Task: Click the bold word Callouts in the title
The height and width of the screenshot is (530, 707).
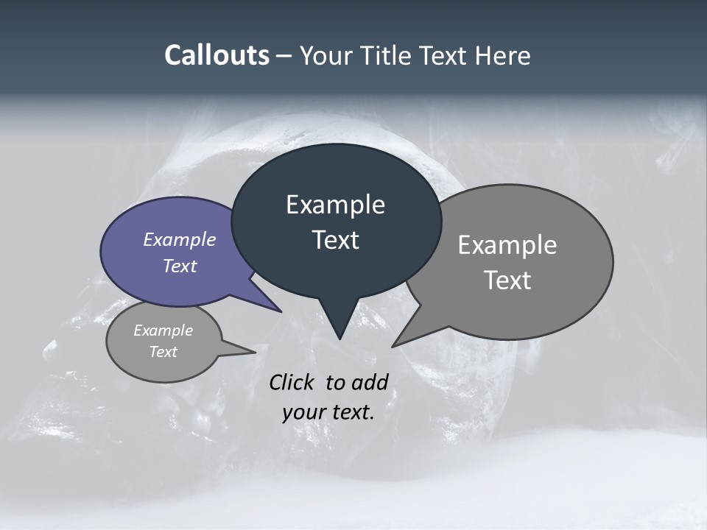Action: click(x=217, y=55)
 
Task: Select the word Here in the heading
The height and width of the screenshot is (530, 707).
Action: click(x=503, y=55)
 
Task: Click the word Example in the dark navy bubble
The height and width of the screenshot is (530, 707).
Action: click(x=335, y=205)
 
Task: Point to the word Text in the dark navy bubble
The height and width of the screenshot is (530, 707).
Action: click(x=335, y=240)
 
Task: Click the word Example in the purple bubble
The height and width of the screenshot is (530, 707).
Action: click(x=179, y=239)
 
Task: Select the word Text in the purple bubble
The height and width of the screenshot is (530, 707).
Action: click(x=179, y=266)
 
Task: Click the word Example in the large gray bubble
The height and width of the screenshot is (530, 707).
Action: click(x=507, y=245)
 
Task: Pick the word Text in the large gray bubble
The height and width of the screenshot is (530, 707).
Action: click(x=507, y=280)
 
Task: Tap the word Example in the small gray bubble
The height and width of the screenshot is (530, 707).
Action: click(x=163, y=331)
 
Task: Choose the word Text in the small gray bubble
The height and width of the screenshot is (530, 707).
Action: click(x=163, y=352)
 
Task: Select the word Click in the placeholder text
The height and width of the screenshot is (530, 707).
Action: click(x=292, y=382)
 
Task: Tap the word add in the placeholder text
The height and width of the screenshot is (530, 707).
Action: click(x=370, y=382)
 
